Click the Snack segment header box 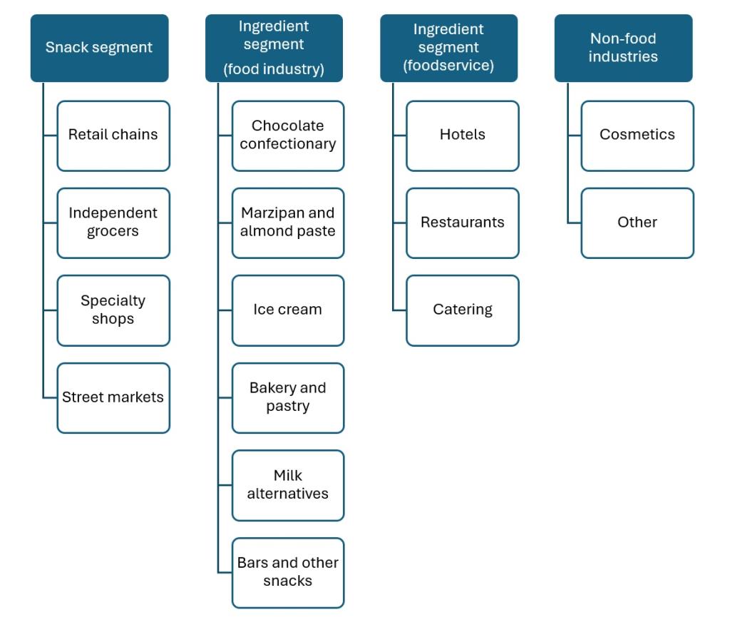(99, 48)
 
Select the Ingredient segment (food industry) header (274, 48)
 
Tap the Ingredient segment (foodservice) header (448, 48)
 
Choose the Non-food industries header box (623, 48)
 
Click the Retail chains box (113, 136)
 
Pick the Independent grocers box (113, 223)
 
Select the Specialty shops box (113, 310)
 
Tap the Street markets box (113, 397)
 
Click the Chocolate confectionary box (288, 136)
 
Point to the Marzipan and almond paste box (288, 223)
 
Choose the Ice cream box (288, 310)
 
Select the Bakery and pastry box (288, 397)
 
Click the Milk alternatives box (288, 485)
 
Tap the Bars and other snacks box (288, 572)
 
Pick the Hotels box (463, 136)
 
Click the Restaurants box (463, 223)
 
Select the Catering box (463, 310)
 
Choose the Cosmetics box (637, 136)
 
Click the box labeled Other (637, 223)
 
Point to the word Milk (288, 476)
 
